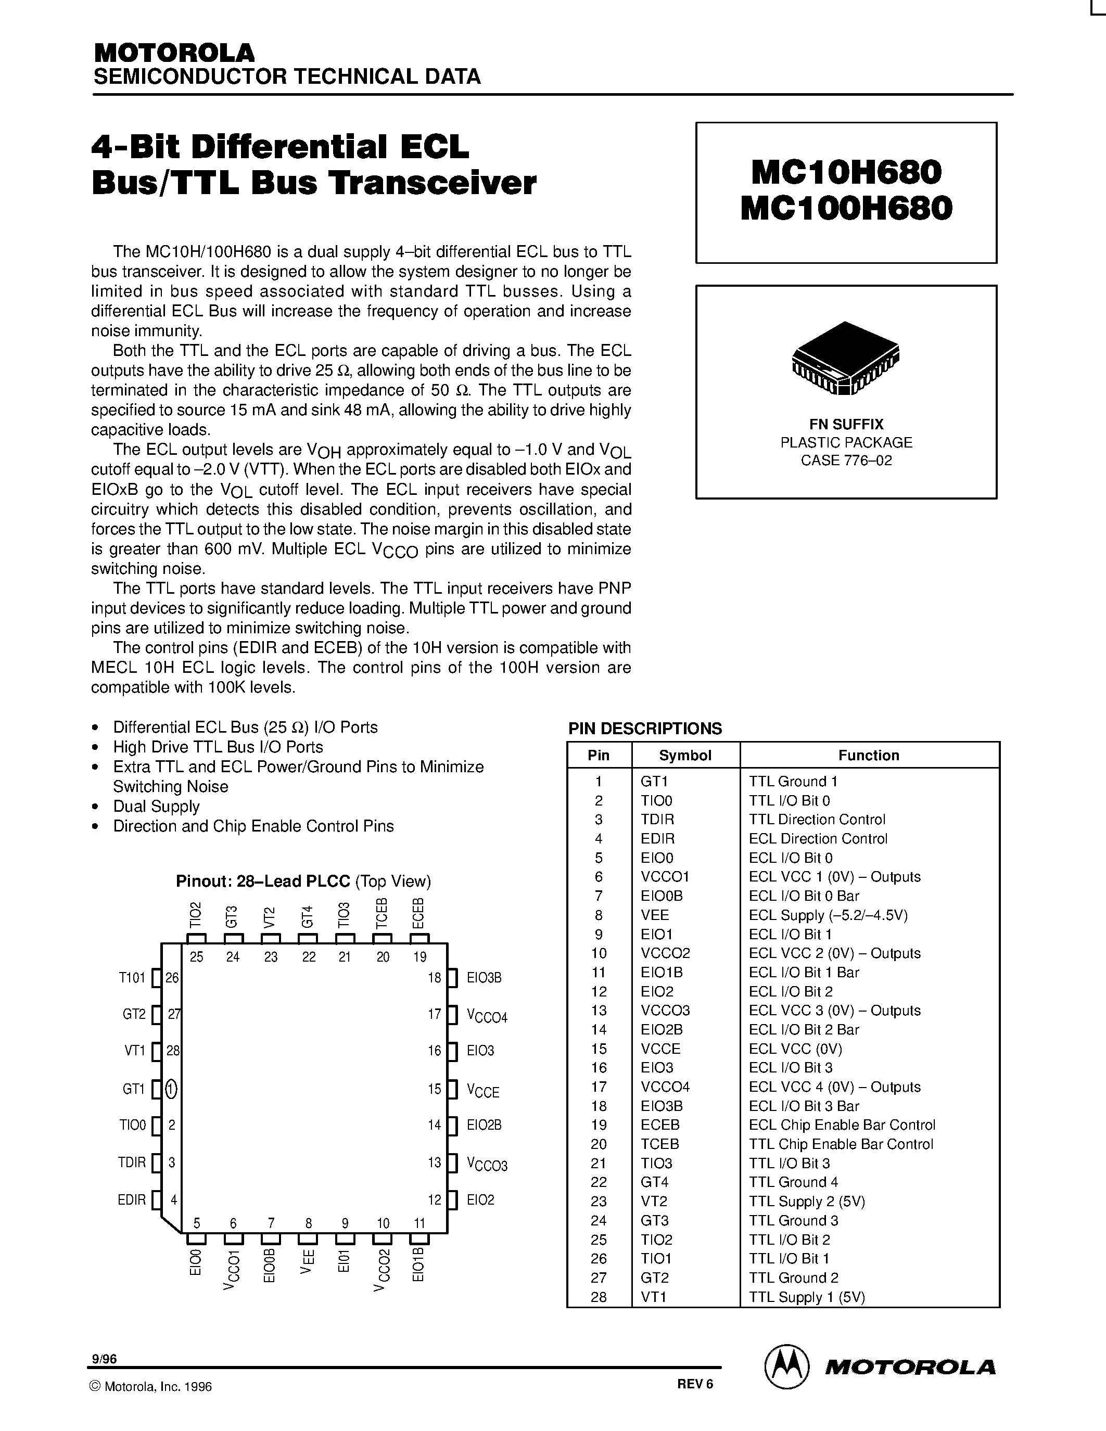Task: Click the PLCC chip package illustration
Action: pyautogui.click(x=845, y=358)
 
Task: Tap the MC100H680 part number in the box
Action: pyautogui.click(x=846, y=210)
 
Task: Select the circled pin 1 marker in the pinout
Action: pyautogui.click(x=171, y=1089)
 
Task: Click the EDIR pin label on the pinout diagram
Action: pyautogui.click(x=132, y=1200)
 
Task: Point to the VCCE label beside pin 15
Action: pyautogui.click(x=484, y=1091)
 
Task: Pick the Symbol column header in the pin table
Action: pyautogui.click(x=685, y=755)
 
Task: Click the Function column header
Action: pyautogui.click(x=868, y=755)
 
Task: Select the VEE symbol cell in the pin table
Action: pyautogui.click(x=655, y=915)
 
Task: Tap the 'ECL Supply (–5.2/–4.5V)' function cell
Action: pyautogui.click(x=828, y=915)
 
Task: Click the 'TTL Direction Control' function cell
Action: pyautogui.click(x=817, y=819)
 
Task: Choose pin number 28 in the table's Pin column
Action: pyautogui.click(x=598, y=1297)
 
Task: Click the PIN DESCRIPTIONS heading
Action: pyautogui.click(x=645, y=729)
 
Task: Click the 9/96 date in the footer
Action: pyautogui.click(x=105, y=1359)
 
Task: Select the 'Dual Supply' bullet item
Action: pyautogui.click(x=156, y=806)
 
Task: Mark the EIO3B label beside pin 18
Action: pyautogui.click(x=484, y=978)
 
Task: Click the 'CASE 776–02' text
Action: pyautogui.click(x=846, y=460)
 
